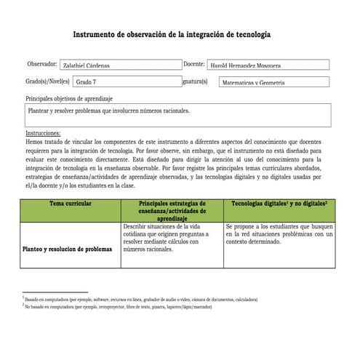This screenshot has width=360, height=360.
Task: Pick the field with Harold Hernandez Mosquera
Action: click(267, 65)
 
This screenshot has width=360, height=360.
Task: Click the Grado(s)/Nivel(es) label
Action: click(47, 81)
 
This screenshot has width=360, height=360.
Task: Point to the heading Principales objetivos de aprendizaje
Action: click(69, 97)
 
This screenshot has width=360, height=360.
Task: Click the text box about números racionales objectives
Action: click(177, 114)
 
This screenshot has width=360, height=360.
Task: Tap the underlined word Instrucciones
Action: click(43, 134)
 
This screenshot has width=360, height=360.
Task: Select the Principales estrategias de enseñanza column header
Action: click(172, 210)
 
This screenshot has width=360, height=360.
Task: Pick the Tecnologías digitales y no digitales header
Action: click(279, 204)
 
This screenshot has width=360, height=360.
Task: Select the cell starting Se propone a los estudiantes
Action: click(279, 234)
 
